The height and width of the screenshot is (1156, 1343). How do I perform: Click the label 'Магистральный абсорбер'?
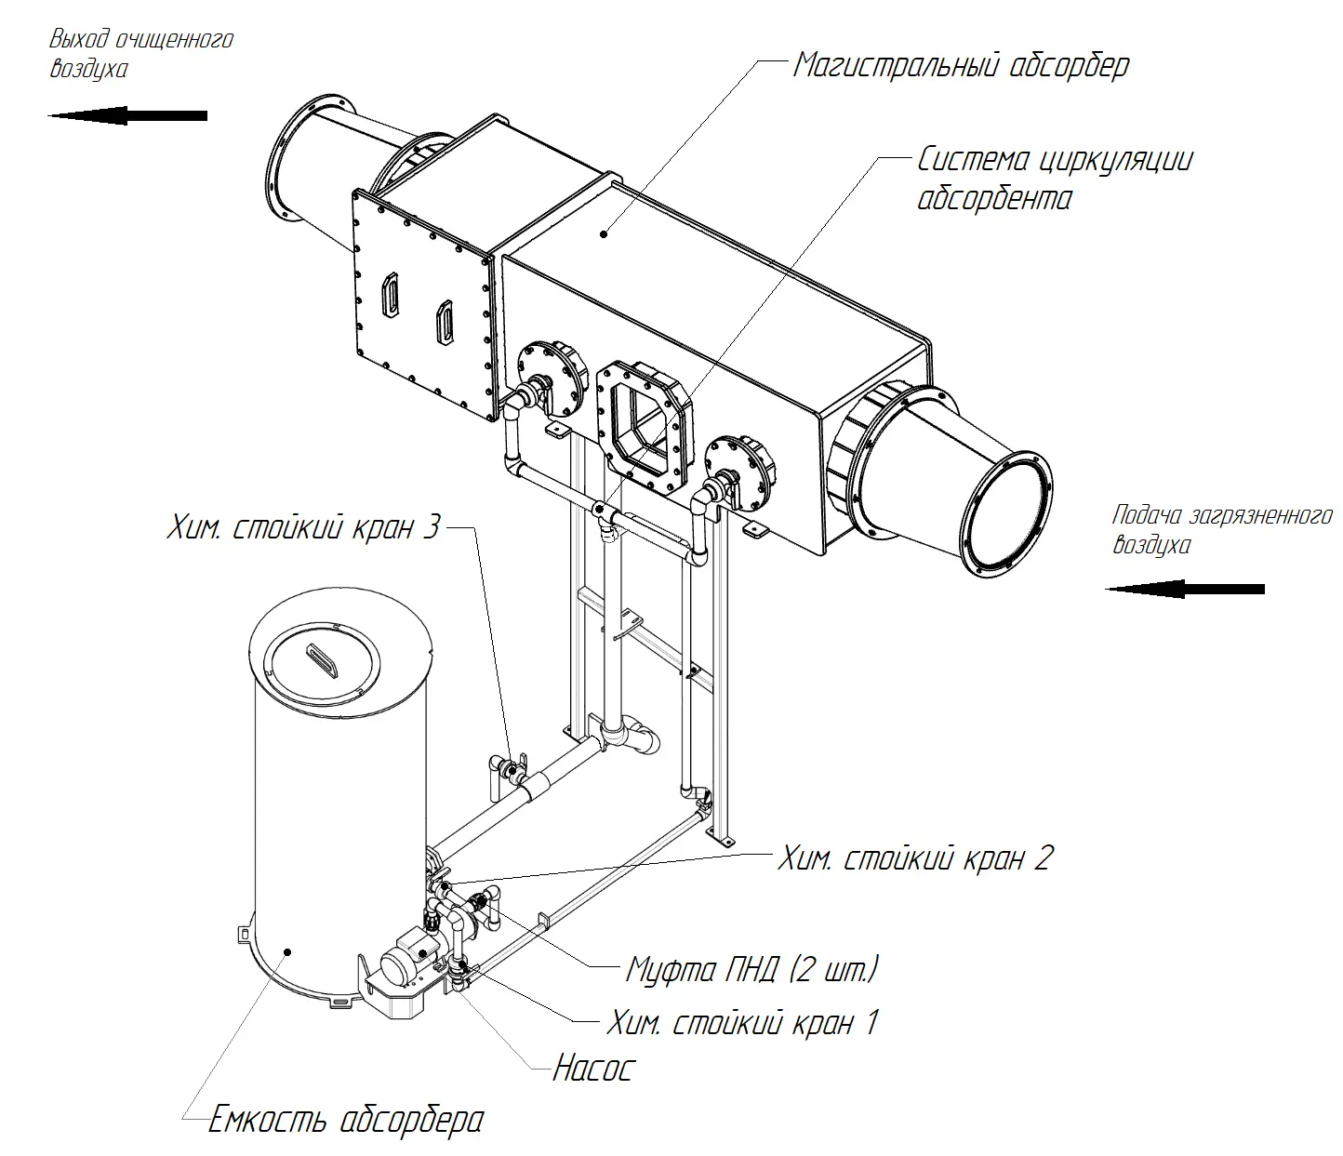coord(961,65)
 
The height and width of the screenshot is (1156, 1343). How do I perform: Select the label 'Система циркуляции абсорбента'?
coord(1054,179)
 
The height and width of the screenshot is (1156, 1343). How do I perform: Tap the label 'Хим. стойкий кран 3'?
coord(303,528)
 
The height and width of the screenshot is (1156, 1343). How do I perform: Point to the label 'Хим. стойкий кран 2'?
coord(914,857)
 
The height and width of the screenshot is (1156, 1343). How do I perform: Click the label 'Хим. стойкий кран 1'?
coord(741,1023)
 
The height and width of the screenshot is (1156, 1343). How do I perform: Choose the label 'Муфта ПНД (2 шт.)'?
coord(751,969)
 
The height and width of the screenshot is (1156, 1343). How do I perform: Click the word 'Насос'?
coord(592,1068)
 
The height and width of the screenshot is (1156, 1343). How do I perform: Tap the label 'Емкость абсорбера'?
coord(345,1119)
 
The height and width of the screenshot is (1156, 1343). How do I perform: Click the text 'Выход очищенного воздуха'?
coord(140,54)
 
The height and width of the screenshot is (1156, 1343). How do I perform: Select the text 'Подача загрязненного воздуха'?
coord(1221,529)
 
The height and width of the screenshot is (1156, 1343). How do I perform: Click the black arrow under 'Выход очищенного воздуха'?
coord(127,115)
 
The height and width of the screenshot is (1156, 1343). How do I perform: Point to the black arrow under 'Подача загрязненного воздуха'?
coord(1185,589)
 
